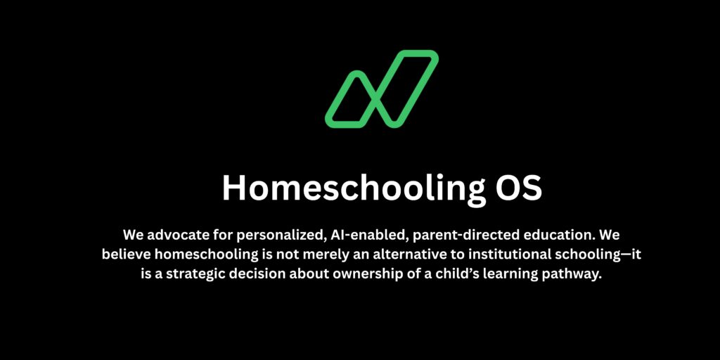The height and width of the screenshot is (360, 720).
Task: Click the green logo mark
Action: (382, 89)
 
